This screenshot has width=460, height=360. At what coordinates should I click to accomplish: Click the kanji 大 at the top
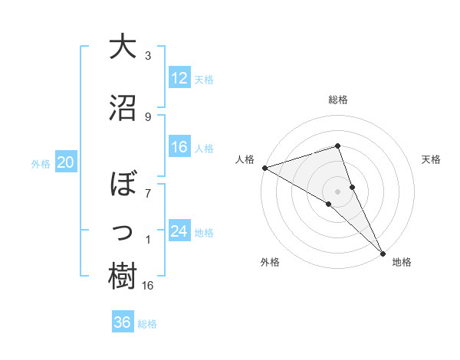pyautogui.click(x=123, y=47)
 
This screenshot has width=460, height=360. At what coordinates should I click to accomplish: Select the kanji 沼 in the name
pyautogui.click(x=123, y=107)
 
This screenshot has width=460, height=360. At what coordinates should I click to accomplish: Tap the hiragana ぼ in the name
pyautogui.click(x=123, y=185)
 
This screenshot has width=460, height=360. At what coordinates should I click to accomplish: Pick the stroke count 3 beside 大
pyautogui.click(x=148, y=56)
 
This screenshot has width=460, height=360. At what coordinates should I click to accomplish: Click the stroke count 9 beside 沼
pyautogui.click(x=148, y=117)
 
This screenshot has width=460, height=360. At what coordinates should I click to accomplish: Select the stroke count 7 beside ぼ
pyautogui.click(x=148, y=192)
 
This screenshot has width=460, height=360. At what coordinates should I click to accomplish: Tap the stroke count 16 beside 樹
pyautogui.click(x=149, y=286)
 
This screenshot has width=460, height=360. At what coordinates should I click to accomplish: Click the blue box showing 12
pyautogui.click(x=179, y=78)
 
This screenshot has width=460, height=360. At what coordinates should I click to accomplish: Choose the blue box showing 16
pyautogui.click(x=179, y=147)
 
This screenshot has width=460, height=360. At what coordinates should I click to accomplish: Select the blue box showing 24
pyautogui.click(x=179, y=231)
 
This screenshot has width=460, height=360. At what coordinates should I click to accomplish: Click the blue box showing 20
pyautogui.click(x=66, y=162)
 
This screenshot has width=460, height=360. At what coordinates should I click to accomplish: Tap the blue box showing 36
pyautogui.click(x=123, y=322)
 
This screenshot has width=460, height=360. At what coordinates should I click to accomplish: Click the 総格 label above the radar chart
pyautogui.click(x=338, y=100)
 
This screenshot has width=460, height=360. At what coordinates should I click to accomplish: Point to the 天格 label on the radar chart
pyautogui.click(x=432, y=159)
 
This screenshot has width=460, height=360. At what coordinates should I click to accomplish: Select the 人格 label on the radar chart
pyautogui.click(x=245, y=159)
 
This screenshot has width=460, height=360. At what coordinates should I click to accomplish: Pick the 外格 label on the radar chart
pyautogui.click(x=269, y=262)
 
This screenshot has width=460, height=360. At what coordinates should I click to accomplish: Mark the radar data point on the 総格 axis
pyautogui.click(x=338, y=146)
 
